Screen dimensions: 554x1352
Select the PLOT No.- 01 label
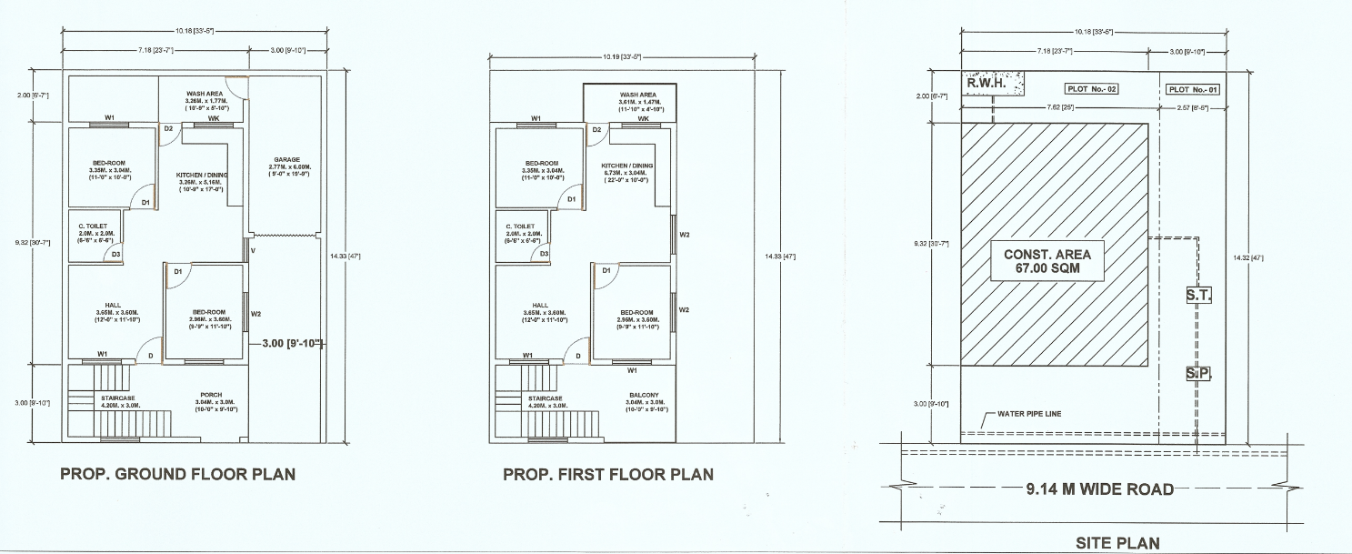(x=1192, y=89)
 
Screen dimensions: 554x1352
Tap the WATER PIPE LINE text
(x=1029, y=414)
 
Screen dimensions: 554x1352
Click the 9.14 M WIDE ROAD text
(x=1099, y=489)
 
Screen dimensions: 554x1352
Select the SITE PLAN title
(x=1117, y=543)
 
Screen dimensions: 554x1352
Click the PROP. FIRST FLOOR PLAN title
(x=608, y=474)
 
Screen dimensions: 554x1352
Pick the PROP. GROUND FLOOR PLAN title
(x=177, y=474)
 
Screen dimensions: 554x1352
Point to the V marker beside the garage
(x=254, y=250)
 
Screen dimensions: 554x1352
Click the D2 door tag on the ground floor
(x=168, y=129)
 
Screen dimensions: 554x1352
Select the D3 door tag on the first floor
(x=544, y=254)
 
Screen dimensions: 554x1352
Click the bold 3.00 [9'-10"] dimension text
(x=291, y=344)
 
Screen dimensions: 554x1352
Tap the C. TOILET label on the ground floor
(x=93, y=225)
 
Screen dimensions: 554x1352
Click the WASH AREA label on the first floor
(x=637, y=95)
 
